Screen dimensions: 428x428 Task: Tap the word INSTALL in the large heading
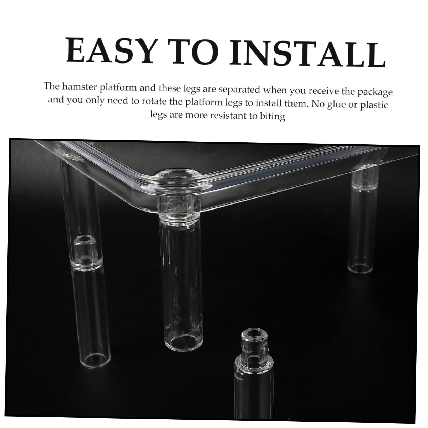coord(307,54)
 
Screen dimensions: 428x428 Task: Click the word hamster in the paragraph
coord(80,87)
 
